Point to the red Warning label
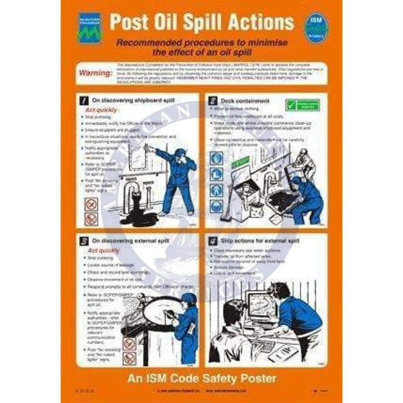[93, 73]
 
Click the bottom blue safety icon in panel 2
[216, 205]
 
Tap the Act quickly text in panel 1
[102, 110]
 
